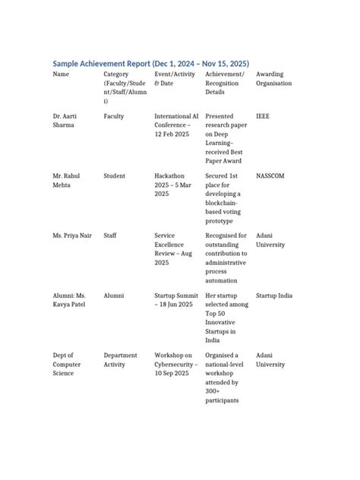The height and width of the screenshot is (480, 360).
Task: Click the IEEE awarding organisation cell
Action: pyautogui.click(x=264, y=116)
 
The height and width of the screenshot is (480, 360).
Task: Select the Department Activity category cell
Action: pyautogui.click(x=120, y=359)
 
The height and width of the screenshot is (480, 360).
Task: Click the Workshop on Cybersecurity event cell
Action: pyautogui.click(x=176, y=364)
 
